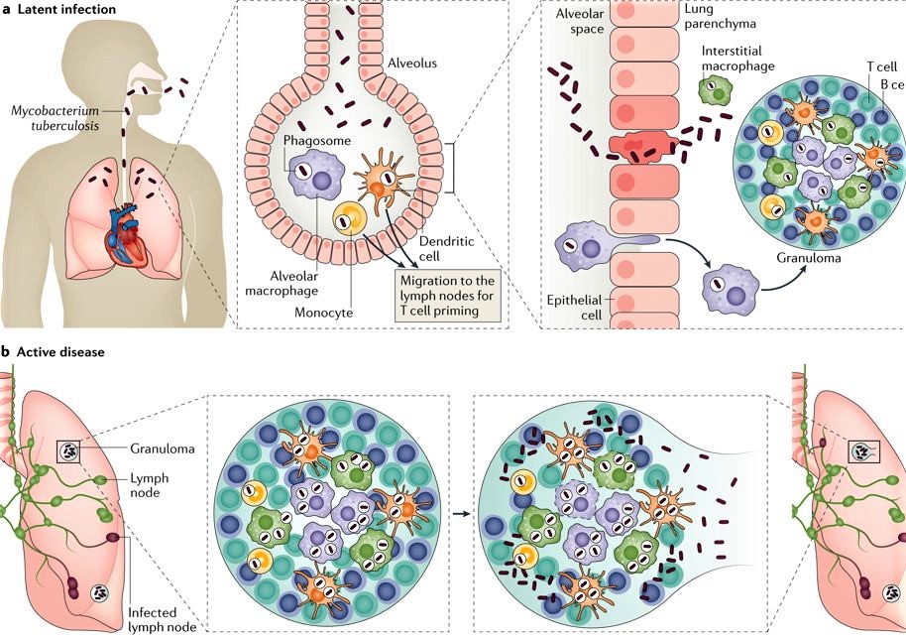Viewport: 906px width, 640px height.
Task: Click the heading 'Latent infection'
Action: click(65, 10)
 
